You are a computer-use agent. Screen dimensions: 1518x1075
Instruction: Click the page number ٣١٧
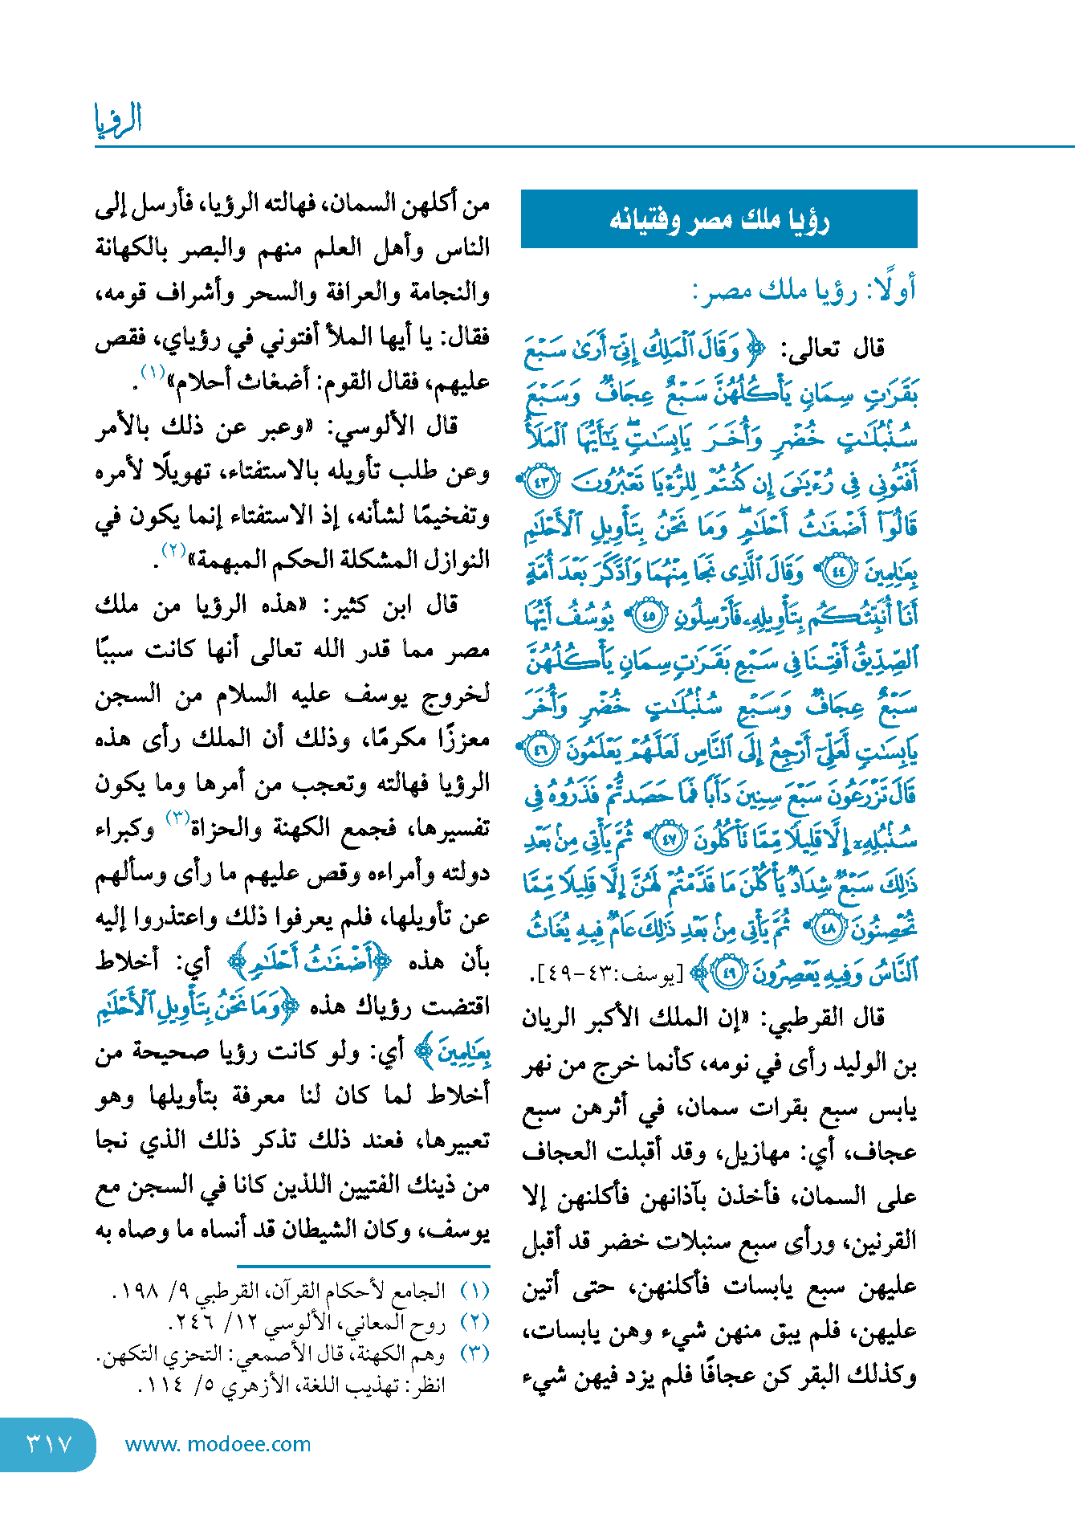click(49, 1443)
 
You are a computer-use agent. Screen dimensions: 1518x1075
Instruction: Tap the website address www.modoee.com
click(218, 1444)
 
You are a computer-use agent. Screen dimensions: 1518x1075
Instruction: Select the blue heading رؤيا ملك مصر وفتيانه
click(719, 219)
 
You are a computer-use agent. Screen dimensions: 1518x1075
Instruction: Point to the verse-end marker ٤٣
click(540, 484)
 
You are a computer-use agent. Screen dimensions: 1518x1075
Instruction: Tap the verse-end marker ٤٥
click(647, 616)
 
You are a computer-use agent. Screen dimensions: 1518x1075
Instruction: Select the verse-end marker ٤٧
click(667, 839)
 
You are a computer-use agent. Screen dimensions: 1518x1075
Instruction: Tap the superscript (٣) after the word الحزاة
click(177, 818)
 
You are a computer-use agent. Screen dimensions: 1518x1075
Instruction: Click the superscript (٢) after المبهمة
click(173, 550)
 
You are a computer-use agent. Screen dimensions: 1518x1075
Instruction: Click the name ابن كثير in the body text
click(346, 606)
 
